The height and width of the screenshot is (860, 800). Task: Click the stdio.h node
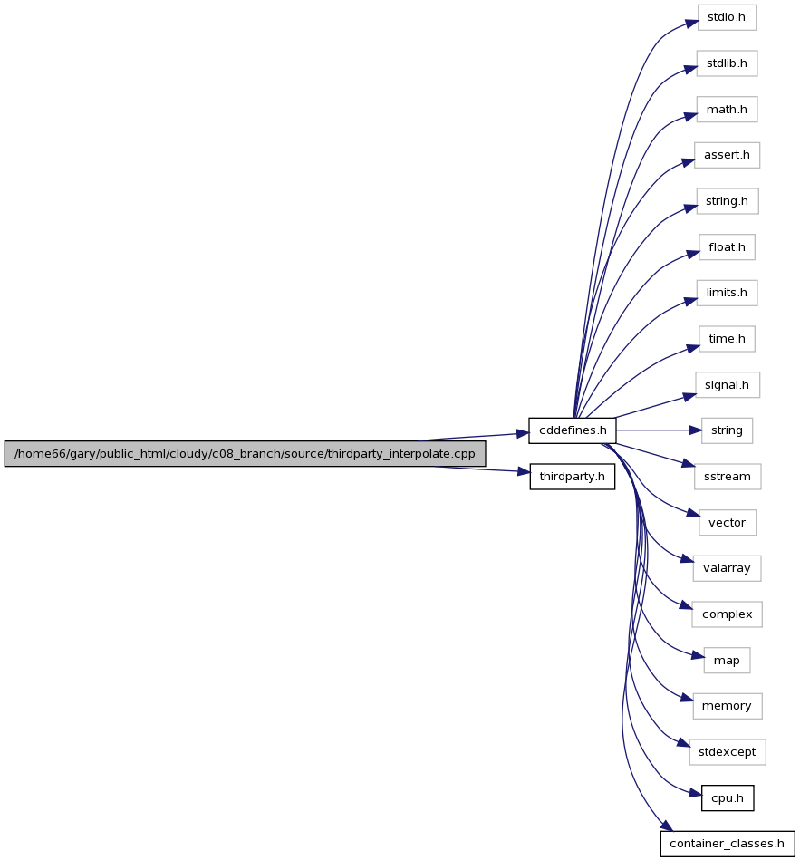coord(727,17)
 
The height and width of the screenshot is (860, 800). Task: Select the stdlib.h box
coord(727,63)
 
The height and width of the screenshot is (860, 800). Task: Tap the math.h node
coord(727,110)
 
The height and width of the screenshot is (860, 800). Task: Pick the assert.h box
coord(727,155)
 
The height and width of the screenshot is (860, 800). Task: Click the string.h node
coord(728,201)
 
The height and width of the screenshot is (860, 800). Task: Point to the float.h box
coord(727,247)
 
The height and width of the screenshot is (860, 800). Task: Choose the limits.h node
coord(727,293)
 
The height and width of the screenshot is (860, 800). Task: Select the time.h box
coord(727,339)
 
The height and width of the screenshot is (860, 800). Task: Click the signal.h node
coord(728,385)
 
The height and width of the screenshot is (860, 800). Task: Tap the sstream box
coord(728,477)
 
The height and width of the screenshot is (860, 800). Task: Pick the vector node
coord(728,523)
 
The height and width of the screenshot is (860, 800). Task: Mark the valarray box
coord(727,568)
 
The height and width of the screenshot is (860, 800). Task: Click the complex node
coord(728,614)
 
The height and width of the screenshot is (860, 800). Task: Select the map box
coord(727,661)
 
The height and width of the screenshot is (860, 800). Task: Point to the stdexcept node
coord(728,752)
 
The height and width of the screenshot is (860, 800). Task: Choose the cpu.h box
coord(728,798)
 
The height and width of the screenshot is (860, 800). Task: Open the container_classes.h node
coord(728,844)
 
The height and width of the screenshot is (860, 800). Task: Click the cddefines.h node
coord(573,430)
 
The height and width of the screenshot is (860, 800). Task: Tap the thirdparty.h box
coord(572,477)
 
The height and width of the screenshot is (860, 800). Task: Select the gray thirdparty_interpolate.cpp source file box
coord(245,454)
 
